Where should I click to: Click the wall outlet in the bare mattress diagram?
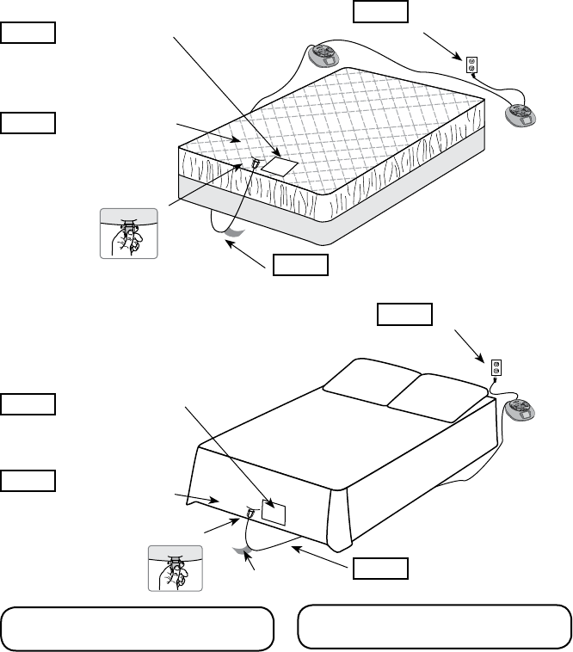471,64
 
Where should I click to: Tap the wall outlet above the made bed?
496,368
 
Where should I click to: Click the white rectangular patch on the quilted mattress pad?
280,163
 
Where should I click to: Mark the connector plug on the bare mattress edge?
255,162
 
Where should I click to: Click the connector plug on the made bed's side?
250,513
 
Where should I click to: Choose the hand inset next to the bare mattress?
129,233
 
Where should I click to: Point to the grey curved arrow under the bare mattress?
229,230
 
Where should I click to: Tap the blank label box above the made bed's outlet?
404,314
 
